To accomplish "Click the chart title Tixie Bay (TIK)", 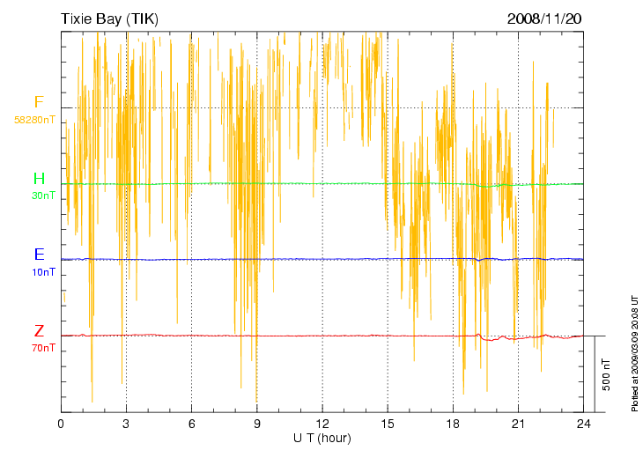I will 109,18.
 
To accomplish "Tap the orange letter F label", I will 39,102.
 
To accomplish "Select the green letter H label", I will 39,180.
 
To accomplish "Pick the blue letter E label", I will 39,255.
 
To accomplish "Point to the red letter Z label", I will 39,332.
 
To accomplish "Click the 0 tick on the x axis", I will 61,424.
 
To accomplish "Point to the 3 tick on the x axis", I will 126,424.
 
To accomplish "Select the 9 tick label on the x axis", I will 256,424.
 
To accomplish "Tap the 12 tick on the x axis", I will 321,424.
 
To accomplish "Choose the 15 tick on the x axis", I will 387,424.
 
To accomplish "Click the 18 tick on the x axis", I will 453,424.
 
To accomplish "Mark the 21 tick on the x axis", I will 518,424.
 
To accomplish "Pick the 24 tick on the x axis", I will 583,424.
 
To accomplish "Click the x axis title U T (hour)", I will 321,438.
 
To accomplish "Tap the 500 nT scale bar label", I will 606,374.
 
